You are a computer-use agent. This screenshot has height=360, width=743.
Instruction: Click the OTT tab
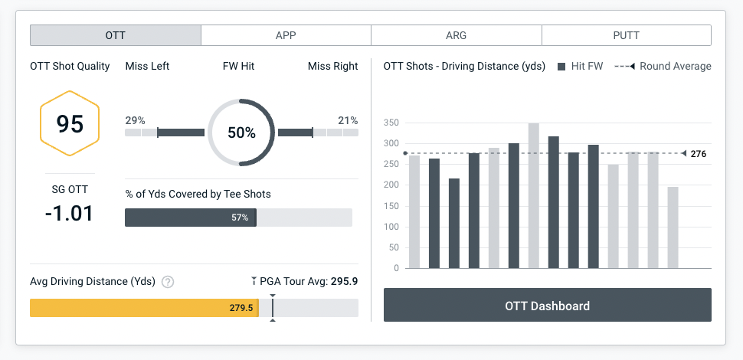click(116, 35)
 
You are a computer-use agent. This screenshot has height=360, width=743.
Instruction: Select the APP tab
click(286, 35)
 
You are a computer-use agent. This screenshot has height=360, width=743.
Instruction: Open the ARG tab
click(456, 35)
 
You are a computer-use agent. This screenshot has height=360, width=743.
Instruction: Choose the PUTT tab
click(626, 35)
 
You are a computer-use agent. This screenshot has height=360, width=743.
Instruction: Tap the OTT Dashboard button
click(547, 306)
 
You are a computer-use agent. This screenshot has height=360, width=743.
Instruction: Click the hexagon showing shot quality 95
click(70, 123)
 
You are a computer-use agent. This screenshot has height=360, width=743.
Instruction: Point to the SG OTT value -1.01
click(69, 212)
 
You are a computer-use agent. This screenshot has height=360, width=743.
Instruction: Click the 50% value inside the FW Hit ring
click(241, 133)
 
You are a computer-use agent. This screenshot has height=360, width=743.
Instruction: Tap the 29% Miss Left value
click(135, 120)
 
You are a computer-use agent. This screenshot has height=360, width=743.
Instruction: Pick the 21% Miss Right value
click(348, 120)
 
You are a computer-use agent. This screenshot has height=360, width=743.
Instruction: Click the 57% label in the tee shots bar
click(241, 218)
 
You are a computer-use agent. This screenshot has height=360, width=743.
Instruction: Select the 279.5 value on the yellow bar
click(241, 308)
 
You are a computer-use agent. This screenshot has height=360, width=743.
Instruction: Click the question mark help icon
click(168, 282)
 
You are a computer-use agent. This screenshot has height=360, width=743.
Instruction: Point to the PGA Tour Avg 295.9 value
click(344, 281)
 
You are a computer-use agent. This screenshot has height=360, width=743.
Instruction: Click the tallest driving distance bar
click(533, 195)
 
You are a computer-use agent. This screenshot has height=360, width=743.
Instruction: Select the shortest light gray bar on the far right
click(673, 227)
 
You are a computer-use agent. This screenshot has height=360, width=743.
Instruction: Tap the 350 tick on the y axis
click(391, 123)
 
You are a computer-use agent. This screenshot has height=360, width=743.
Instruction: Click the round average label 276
click(698, 154)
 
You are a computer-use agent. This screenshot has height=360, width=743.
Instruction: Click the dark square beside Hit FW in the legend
click(562, 67)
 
